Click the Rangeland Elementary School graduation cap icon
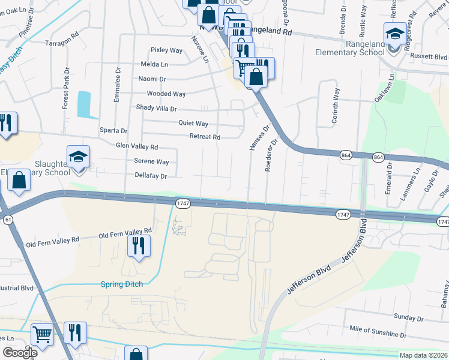pyautogui.click(x=395, y=32)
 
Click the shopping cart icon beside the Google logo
pyautogui.click(x=41, y=335)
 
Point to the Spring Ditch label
pyautogui.click(x=122, y=284)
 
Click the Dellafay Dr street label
pyautogui.click(x=150, y=176)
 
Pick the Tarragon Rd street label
pyautogui.click(x=62, y=43)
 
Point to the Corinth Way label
pyautogui.click(x=336, y=107)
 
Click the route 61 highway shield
pyautogui.click(x=8, y=220)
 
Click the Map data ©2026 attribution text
pyautogui.click(x=423, y=355)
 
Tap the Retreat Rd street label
pyautogui.click(x=205, y=137)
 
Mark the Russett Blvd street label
pyautogui.click(x=429, y=56)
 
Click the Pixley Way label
pyautogui.click(x=167, y=50)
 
